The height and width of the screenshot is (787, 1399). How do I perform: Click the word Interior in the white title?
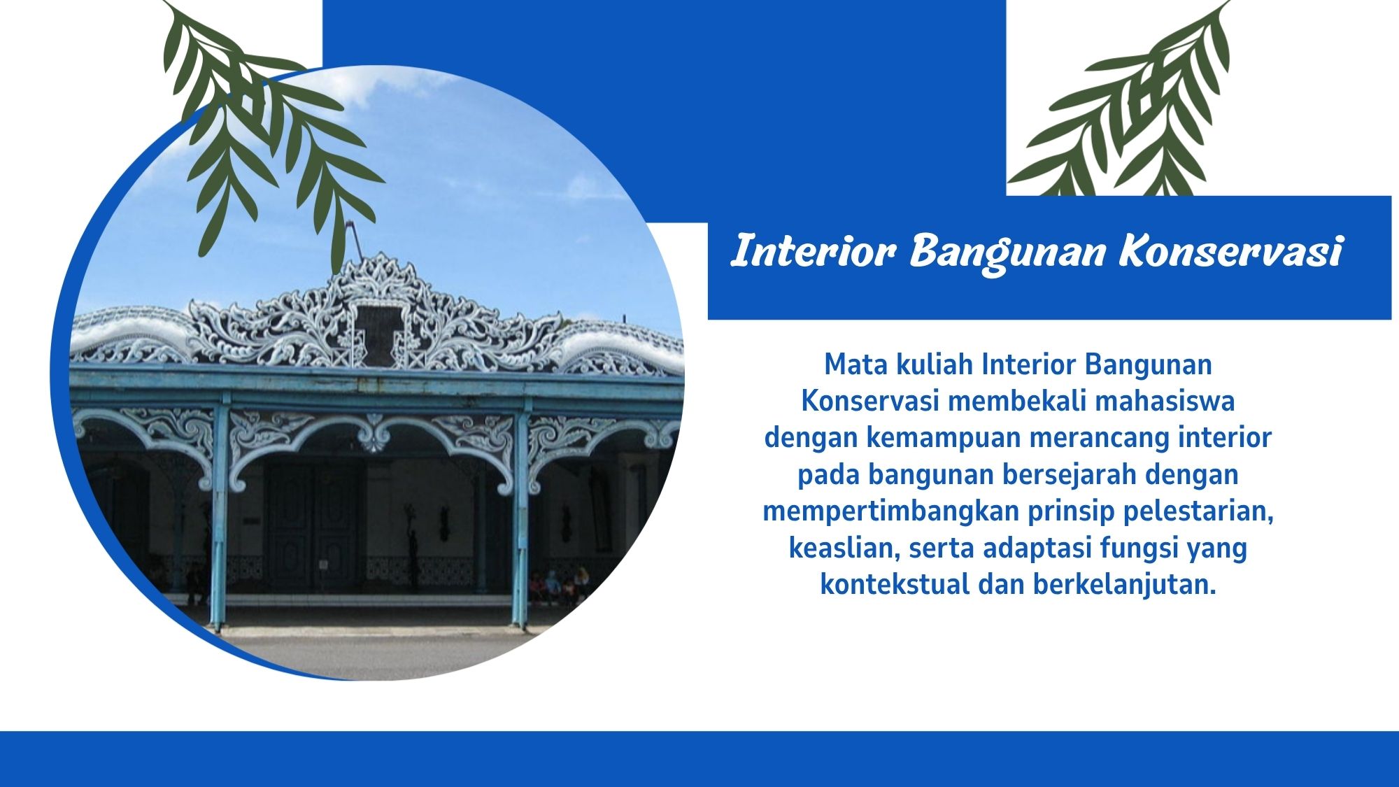[814, 250]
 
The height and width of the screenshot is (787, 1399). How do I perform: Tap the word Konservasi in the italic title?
[1230, 250]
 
